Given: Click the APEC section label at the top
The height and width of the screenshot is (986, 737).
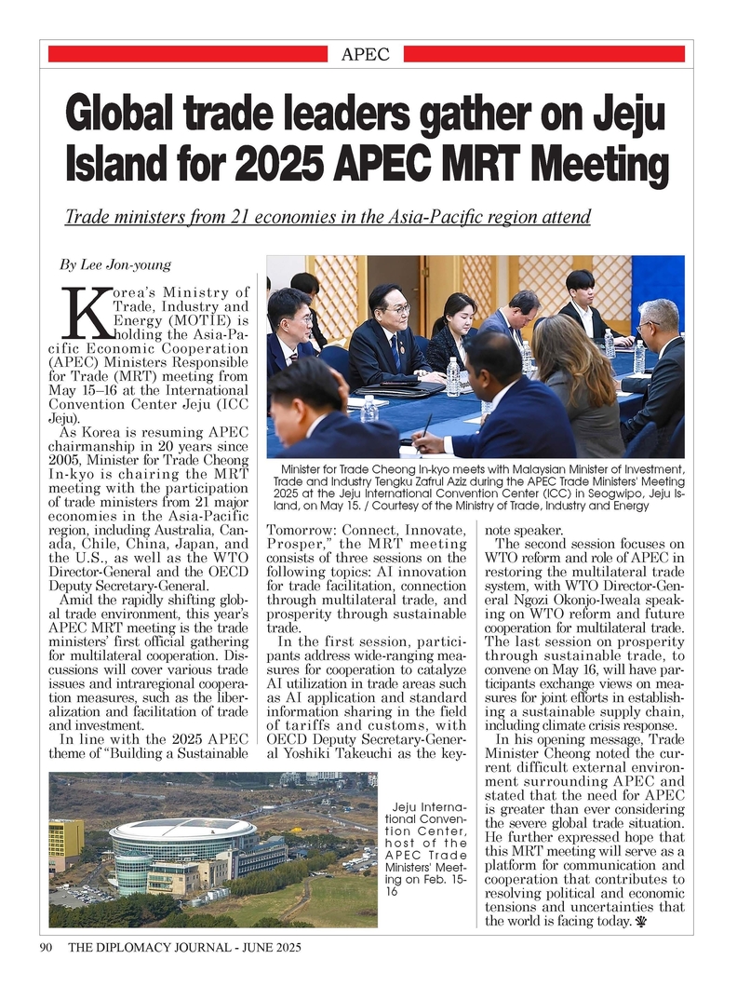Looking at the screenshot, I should [366, 54].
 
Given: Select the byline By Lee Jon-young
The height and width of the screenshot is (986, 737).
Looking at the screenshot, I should [114, 264].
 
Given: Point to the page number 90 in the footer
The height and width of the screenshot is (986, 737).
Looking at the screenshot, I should [45, 948].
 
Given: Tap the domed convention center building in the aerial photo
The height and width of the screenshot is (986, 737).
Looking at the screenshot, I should [183, 840].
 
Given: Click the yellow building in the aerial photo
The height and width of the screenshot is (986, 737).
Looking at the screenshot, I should [65, 840].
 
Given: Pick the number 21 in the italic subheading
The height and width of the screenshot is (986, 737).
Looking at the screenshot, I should [246, 218].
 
